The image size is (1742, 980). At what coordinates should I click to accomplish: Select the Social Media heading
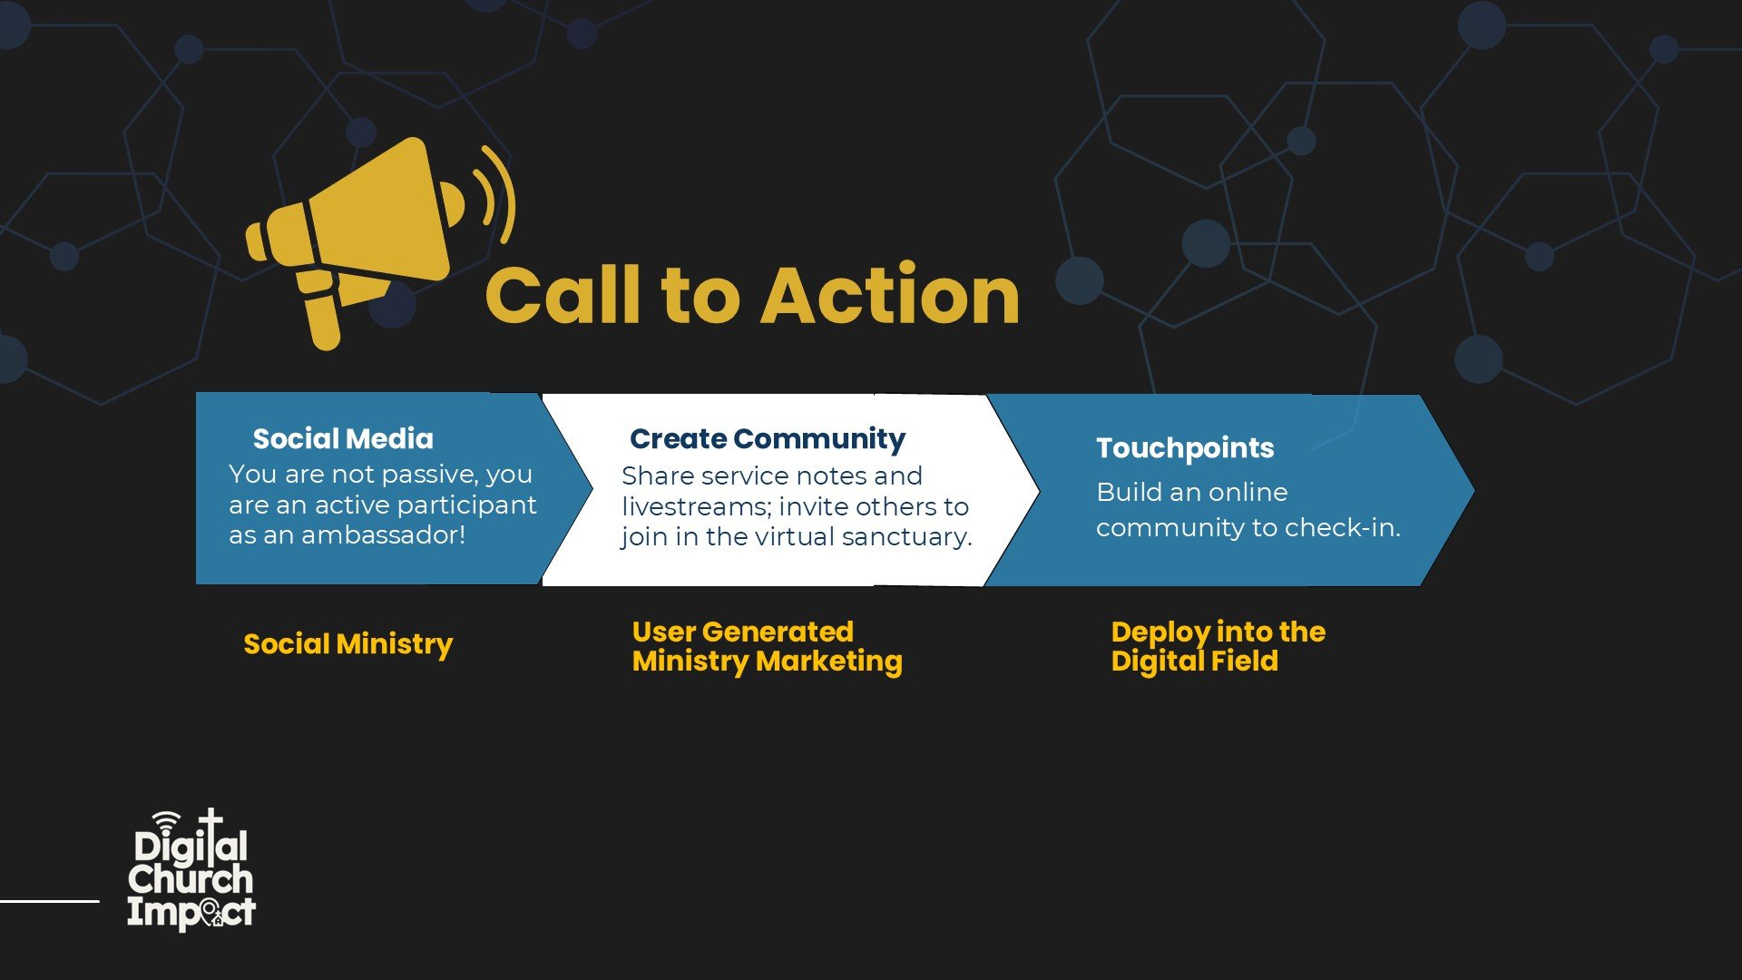coord(343,439)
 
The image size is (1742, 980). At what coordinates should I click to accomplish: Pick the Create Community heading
coord(768,439)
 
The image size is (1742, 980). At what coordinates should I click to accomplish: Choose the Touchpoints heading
coord(1185,448)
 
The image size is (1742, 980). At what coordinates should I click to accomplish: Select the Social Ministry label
coord(347,644)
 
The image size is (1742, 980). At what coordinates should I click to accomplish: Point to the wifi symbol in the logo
coord(166,822)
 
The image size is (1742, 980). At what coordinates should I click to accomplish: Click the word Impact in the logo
coord(191,913)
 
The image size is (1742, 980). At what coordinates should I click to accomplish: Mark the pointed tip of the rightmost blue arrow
coord(1474,491)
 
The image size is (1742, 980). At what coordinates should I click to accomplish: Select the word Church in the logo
coord(191,879)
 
